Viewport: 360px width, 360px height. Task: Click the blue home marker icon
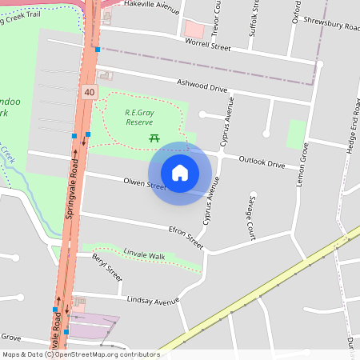coord(180,173)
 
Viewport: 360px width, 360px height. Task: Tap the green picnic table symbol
coord(154,138)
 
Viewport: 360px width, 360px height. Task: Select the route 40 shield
coord(88,93)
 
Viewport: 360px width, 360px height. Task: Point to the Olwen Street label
coord(144,185)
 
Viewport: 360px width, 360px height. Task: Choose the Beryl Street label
coord(106,268)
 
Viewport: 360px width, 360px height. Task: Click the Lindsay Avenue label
coord(153,302)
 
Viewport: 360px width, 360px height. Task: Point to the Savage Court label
coord(250,216)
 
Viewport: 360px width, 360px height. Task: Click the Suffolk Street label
coord(255,18)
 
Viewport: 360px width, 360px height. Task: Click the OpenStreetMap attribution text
coord(80,354)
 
